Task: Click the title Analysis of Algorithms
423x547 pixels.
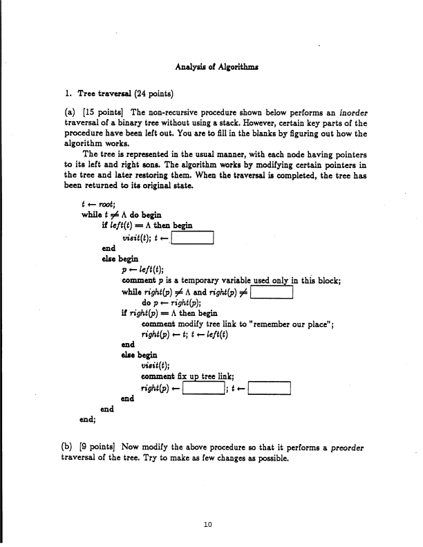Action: point(211,67)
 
